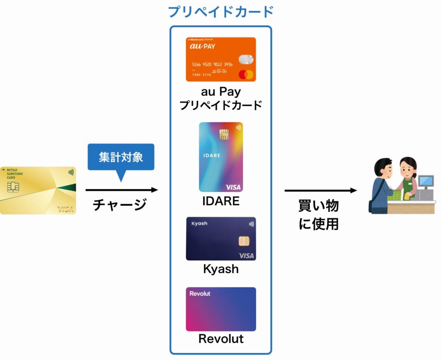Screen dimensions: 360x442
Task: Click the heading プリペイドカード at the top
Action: (221, 11)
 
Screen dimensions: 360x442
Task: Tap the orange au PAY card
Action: (221, 59)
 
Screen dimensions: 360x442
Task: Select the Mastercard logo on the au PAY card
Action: (246, 74)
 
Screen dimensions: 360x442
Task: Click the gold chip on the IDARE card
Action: (224, 134)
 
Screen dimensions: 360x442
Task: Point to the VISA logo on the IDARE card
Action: (234, 187)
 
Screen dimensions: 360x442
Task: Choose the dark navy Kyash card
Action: (221, 238)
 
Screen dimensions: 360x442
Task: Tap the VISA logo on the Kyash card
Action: (246, 256)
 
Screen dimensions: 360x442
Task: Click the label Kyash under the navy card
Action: (221, 269)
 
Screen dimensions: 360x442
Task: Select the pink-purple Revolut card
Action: (221, 309)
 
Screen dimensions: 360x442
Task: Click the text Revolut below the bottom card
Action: (221, 339)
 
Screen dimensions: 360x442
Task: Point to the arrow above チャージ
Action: (122, 189)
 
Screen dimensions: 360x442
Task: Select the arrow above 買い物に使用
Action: (321, 190)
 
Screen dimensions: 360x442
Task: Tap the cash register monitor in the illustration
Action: (426, 181)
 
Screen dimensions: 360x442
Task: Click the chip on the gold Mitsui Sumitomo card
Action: (13, 187)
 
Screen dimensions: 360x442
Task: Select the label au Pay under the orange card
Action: (221, 92)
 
